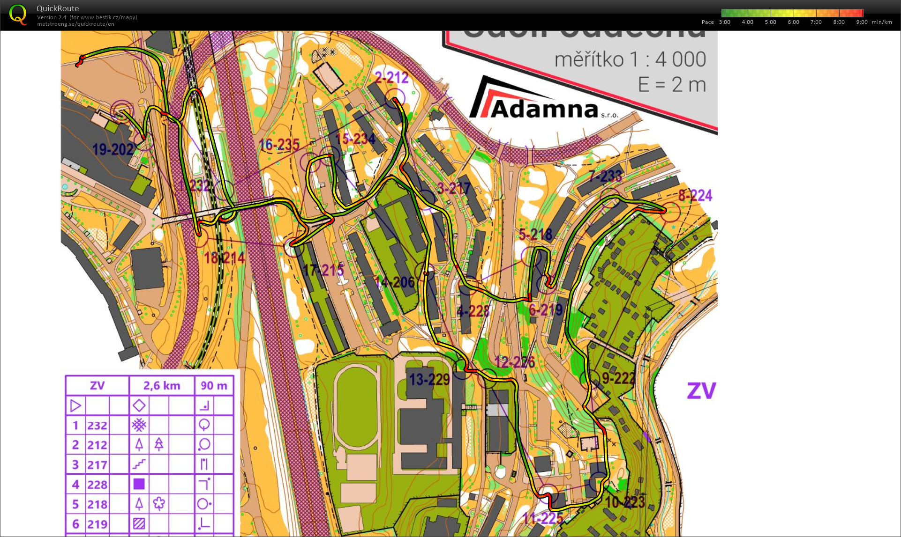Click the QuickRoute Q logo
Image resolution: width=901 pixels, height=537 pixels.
tap(18, 15)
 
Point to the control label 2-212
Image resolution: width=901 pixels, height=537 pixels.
tap(391, 78)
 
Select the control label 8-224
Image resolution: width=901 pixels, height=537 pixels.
tap(695, 195)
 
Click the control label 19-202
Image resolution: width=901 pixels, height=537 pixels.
tap(113, 150)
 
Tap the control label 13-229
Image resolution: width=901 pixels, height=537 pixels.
tap(429, 379)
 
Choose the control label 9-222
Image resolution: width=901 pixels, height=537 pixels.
tap(618, 378)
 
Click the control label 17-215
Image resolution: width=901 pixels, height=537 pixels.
tap(323, 270)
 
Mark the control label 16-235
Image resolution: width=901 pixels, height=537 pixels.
tap(279, 145)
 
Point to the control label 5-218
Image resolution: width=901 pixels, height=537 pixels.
tap(535, 234)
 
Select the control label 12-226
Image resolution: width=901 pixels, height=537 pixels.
tap(515, 362)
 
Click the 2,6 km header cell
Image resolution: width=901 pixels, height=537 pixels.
tap(162, 386)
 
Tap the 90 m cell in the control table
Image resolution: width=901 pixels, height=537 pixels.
tap(214, 386)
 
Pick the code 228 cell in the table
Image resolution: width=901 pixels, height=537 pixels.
tap(97, 485)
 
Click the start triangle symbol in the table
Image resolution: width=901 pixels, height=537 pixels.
tap(75, 405)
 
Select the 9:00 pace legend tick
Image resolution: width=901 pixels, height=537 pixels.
tap(862, 22)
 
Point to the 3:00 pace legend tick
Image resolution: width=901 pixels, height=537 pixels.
tap(725, 22)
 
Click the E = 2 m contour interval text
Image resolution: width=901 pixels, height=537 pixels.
tap(672, 85)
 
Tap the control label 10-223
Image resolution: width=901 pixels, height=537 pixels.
tap(625, 502)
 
